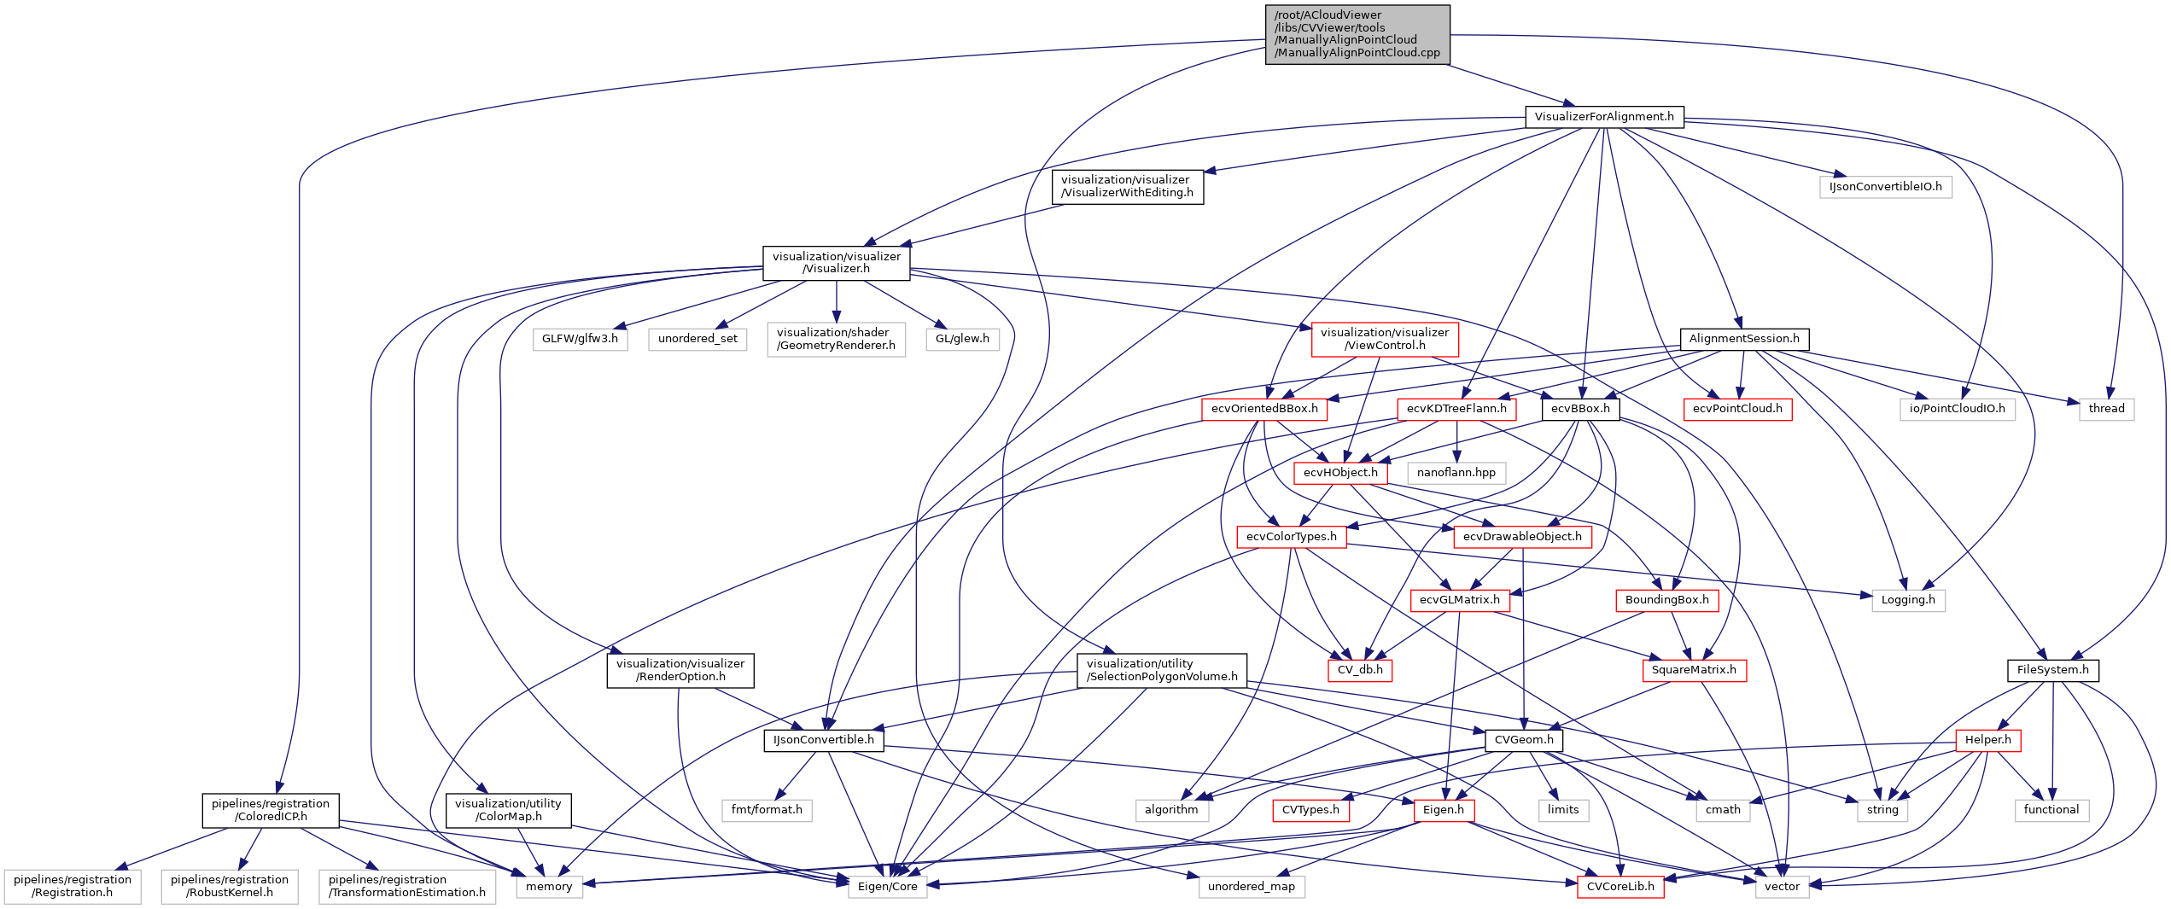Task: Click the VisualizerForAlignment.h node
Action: click(1603, 117)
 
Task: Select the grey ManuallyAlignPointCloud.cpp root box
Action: click(1357, 34)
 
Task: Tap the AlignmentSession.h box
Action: click(1743, 339)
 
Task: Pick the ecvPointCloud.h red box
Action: click(1736, 409)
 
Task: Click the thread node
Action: click(2106, 409)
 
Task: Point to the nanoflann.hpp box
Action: click(1456, 473)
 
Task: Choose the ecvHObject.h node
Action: click(1339, 473)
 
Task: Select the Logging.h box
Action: click(1907, 600)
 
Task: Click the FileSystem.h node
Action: click(2051, 670)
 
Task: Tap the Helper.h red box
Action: click(1987, 740)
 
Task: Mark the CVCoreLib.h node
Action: click(1619, 887)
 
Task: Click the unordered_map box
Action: click(1251, 887)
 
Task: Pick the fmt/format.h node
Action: click(766, 810)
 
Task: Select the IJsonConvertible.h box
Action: click(823, 740)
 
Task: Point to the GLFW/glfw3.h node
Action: click(580, 339)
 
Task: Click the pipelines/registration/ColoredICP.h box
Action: click(271, 810)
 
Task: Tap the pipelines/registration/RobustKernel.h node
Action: click(229, 886)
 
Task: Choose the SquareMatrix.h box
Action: click(1693, 670)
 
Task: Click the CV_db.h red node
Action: click(1359, 670)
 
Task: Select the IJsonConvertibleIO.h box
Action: click(1885, 187)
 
